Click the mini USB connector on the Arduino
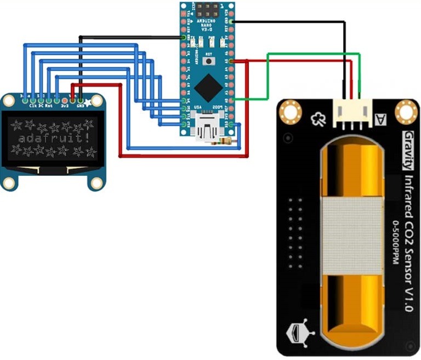click(x=208, y=127)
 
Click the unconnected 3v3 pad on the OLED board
click(x=65, y=100)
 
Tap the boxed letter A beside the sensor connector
click(x=378, y=118)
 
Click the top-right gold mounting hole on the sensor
click(x=406, y=111)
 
